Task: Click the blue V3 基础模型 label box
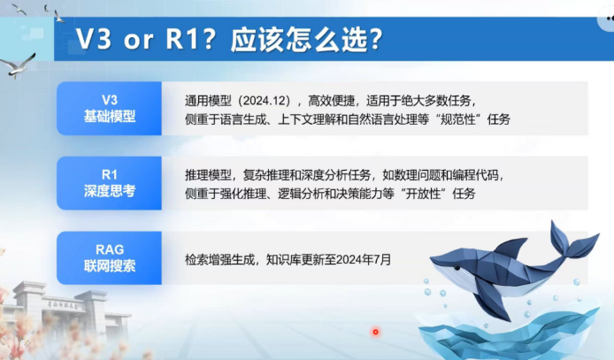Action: [109, 109]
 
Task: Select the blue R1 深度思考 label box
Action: [109, 183]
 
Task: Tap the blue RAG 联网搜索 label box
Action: [109, 258]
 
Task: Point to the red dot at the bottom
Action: [375, 332]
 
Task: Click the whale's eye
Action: [457, 268]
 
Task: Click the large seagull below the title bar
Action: [18, 65]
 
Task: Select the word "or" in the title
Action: [138, 41]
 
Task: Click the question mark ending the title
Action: [375, 40]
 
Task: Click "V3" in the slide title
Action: [94, 39]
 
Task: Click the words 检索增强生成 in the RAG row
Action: [219, 259]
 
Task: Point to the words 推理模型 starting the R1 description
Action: [208, 175]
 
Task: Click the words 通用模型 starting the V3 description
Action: [208, 101]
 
